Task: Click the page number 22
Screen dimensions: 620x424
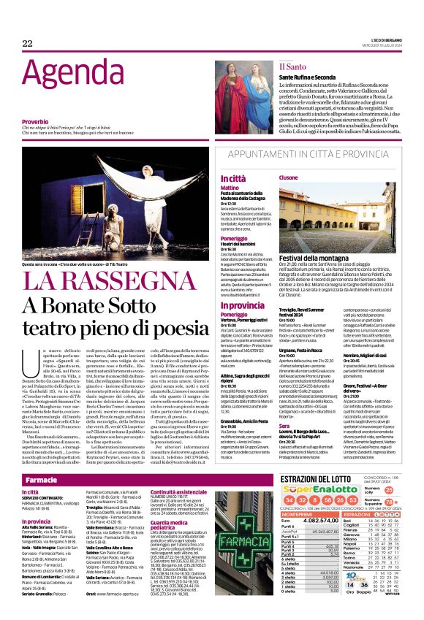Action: (27, 44)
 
